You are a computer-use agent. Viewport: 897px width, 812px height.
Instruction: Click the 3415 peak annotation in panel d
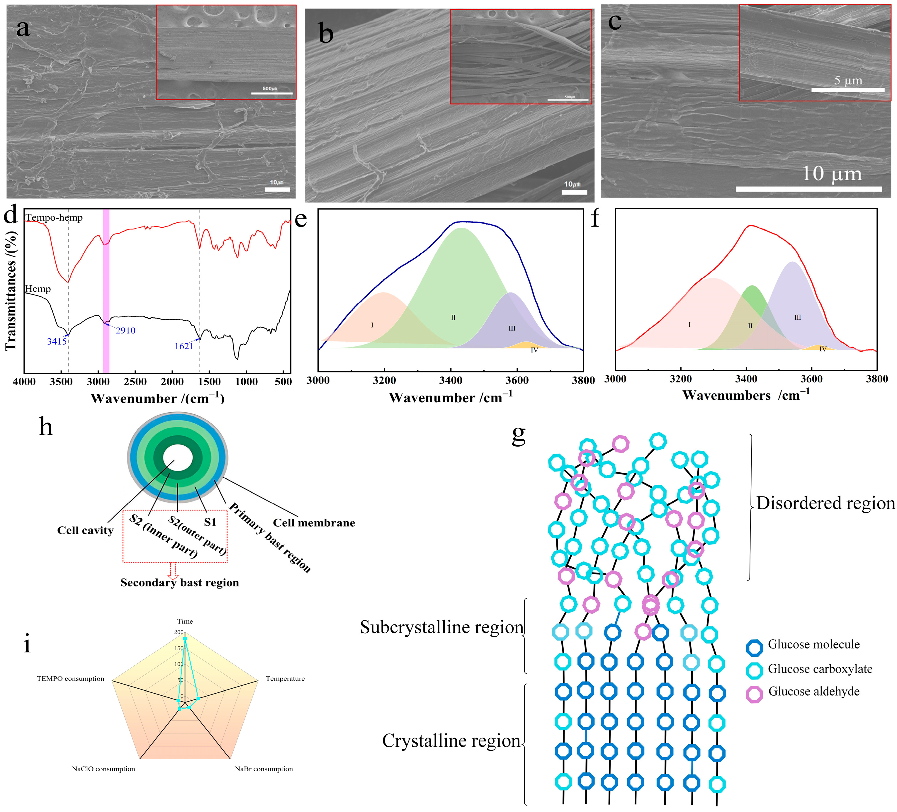click(57, 341)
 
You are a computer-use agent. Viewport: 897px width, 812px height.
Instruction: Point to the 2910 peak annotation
click(125, 331)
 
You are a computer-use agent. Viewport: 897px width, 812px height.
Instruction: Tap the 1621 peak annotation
click(184, 346)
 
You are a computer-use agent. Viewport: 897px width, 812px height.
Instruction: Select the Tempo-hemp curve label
click(54, 217)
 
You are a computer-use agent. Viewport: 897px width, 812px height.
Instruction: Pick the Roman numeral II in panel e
click(453, 318)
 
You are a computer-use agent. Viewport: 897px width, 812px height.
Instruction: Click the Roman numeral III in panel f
click(797, 318)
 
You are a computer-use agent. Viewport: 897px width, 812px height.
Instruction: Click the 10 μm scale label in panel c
click(832, 173)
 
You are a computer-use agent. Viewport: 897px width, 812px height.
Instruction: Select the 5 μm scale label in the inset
click(848, 81)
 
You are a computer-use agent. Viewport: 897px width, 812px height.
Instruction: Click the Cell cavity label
click(85, 530)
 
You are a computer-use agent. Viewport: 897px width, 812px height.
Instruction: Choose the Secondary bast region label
click(179, 583)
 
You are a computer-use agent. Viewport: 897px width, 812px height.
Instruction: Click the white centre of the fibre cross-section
click(178, 458)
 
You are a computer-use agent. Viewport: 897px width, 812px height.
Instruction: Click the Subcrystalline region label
click(442, 627)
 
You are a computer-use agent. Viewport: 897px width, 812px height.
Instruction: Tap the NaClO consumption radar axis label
click(103, 769)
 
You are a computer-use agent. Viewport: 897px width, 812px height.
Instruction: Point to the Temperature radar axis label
click(285, 679)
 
